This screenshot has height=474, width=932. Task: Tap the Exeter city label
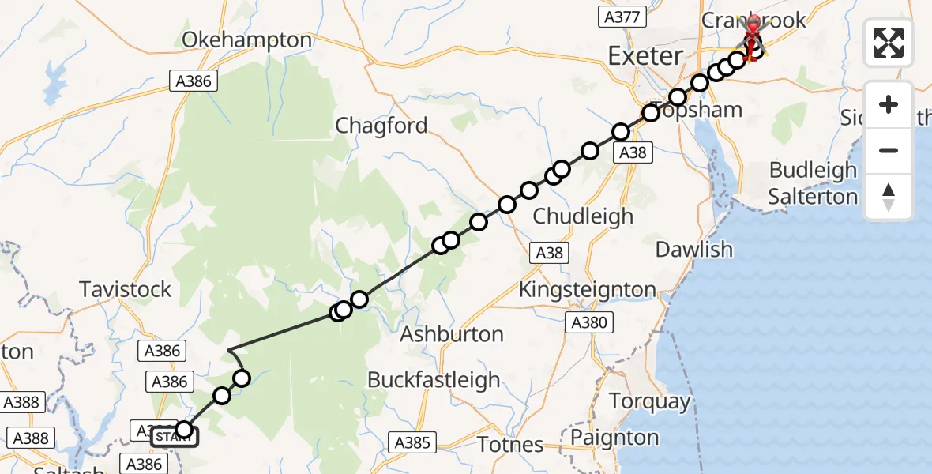645,56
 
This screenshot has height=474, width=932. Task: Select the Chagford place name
381,126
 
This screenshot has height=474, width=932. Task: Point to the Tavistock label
126,289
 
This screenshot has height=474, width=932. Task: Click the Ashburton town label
452,334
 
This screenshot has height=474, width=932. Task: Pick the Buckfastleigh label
434,379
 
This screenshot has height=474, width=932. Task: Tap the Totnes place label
511,445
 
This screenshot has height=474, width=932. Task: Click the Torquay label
650,401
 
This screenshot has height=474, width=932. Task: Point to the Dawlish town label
694,250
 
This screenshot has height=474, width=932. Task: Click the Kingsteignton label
587,290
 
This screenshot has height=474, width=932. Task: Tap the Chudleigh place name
583,216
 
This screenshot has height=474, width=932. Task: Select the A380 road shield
588,322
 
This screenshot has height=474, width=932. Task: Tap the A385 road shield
413,442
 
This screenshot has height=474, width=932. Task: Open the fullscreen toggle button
889,43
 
